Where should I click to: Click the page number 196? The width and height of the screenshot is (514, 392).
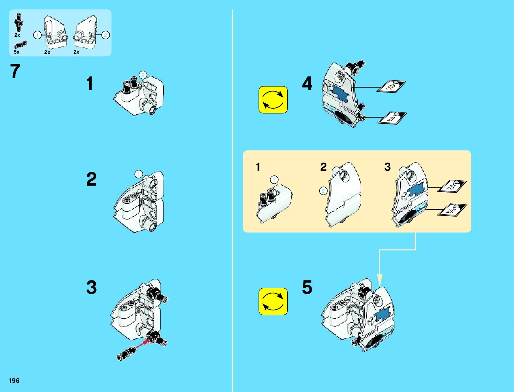coord(14,380)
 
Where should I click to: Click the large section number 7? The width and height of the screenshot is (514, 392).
coord(15,71)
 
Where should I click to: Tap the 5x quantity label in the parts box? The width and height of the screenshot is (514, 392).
coord(16,52)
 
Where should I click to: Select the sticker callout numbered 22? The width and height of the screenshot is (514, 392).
coord(391,87)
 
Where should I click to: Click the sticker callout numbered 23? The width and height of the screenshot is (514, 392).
coord(452,187)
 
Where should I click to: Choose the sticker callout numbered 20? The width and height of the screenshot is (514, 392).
coord(452,210)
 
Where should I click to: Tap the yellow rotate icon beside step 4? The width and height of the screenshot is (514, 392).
coord(273,100)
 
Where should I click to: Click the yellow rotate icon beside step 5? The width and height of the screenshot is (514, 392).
coord(273,301)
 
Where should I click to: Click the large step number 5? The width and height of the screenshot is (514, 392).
coord(307,287)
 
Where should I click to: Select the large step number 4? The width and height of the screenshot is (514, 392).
coord(307,84)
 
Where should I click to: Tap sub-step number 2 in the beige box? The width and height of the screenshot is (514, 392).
coord(324,167)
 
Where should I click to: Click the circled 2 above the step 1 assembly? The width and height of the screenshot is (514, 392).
coord(143,75)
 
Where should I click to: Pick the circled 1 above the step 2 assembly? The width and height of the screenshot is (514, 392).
coord(139,174)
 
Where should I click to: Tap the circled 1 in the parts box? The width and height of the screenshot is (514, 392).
coord(37,35)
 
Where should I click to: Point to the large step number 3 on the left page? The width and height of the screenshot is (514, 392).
coord(91,287)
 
